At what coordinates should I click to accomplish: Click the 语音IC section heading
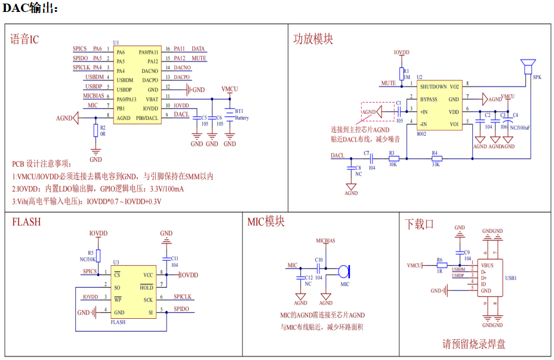pyautogui.click(x=24, y=39)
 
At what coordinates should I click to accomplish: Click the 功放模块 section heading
pyautogui.click(x=313, y=39)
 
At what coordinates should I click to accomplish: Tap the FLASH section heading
pyautogui.click(x=26, y=221)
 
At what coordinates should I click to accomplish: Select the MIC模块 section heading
pyautogui.click(x=266, y=221)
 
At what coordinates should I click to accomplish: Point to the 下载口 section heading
pyautogui.click(x=420, y=224)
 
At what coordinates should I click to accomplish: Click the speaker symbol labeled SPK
pyautogui.click(x=527, y=64)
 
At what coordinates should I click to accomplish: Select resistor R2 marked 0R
pyautogui.click(x=96, y=131)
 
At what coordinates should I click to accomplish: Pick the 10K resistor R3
pyautogui.click(x=393, y=158)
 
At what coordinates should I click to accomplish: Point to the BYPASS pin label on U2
pyautogui.click(x=428, y=99)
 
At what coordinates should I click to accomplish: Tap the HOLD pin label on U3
pyautogui.click(x=146, y=287)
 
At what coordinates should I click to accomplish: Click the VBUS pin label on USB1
pyautogui.click(x=487, y=265)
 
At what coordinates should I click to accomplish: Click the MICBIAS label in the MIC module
pyautogui.click(x=325, y=241)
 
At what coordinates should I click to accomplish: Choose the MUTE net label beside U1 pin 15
pyautogui.click(x=199, y=59)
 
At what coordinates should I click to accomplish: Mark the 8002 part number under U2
pyautogui.click(x=421, y=134)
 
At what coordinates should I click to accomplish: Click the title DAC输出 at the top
pyautogui.click(x=30, y=8)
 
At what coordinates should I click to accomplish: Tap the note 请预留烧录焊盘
pyautogui.click(x=474, y=344)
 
